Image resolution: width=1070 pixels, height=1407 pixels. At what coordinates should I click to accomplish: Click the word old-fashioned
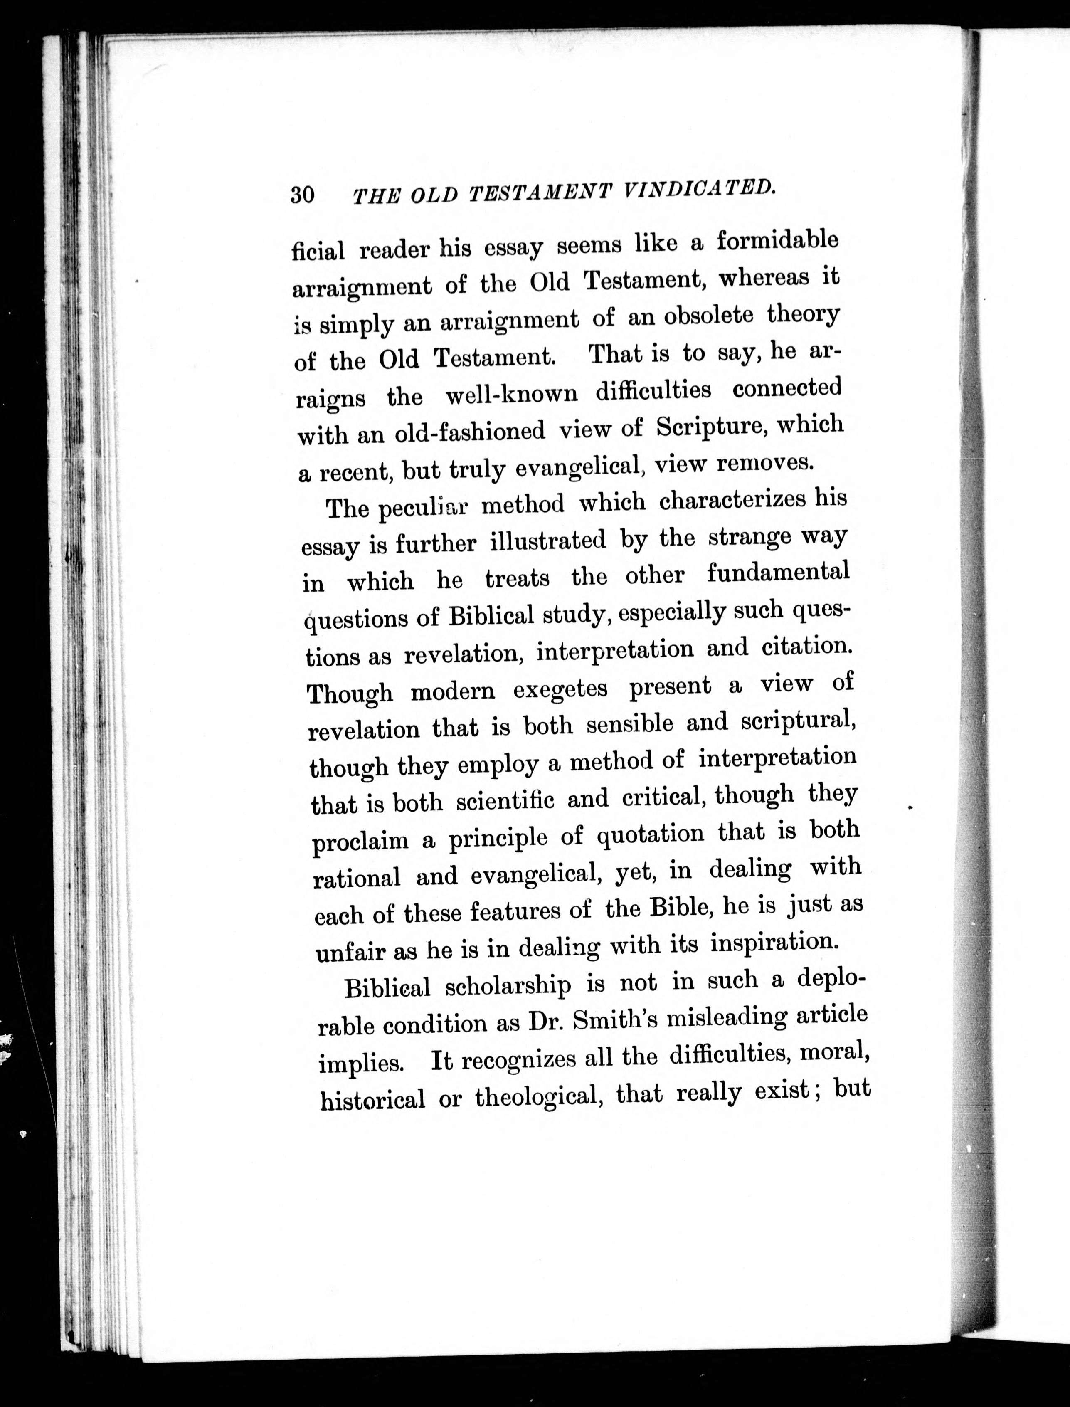[x=471, y=432]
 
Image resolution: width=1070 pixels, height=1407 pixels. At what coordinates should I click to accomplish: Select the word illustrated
[x=548, y=542]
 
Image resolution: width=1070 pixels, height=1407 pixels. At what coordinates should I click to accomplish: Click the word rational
[x=357, y=879]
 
